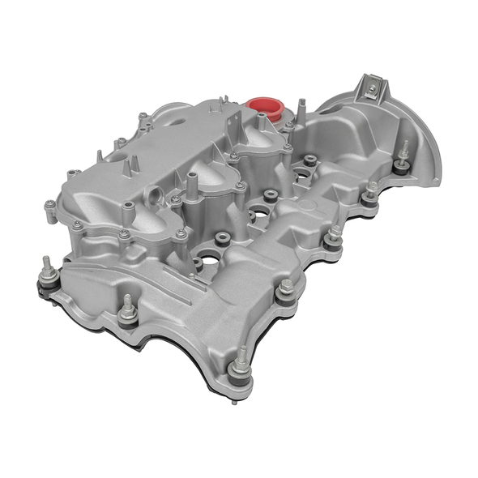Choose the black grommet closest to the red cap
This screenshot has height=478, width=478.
[310, 160]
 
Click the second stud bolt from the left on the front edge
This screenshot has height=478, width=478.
[126, 307]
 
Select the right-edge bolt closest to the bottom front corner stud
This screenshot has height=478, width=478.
[285, 289]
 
